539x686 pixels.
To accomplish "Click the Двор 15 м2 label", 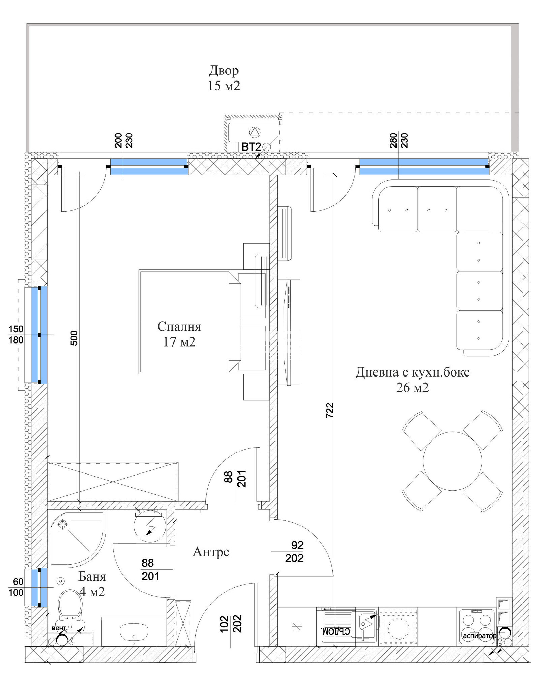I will click(x=224, y=78).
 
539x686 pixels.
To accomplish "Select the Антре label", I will click(x=211, y=552).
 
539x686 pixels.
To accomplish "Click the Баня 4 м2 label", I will click(x=92, y=584).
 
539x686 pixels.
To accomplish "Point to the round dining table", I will click(x=452, y=461).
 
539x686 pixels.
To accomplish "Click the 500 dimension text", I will click(x=74, y=338).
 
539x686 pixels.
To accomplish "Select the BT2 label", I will click(x=251, y=147).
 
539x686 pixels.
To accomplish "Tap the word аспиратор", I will click(x=479, y=636).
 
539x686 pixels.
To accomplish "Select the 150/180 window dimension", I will click(x=16, y=334).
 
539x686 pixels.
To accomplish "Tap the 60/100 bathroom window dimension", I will click(x=16, y=587).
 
